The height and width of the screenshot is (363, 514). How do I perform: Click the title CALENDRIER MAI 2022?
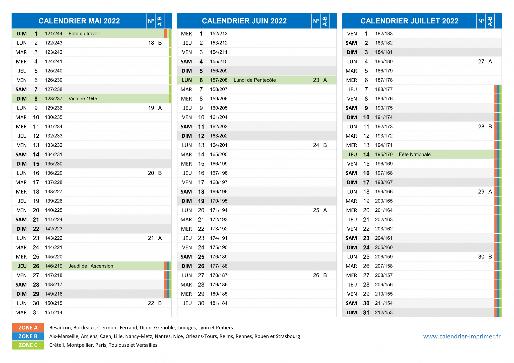[x=79, y=21]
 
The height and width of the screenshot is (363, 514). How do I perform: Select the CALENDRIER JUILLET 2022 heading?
[x=409, y=21]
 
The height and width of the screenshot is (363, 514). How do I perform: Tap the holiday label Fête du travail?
[x=84, y=34]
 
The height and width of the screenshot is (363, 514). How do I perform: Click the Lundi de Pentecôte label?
[x=255, y=80]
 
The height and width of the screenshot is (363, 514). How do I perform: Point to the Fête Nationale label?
[x=415, y=154]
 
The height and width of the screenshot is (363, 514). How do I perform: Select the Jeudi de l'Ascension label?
[x=91, y=266]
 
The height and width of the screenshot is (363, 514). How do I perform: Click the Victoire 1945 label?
[x=83, y=99]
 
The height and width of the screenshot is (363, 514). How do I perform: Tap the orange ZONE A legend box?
[x=28, y=328]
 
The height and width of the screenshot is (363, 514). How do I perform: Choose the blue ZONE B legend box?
[x=28, y=336]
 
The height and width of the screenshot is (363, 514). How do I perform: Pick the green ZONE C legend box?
[x=28, y=345]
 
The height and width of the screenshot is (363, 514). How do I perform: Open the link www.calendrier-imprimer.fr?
[x=462, y=336]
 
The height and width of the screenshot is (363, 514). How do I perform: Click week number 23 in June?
[x=316, y=80]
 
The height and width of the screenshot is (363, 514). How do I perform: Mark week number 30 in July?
[x=481, y=257]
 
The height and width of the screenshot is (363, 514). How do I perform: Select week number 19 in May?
[x=151, y=108]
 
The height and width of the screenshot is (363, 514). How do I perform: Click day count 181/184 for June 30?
[x=219, y=303]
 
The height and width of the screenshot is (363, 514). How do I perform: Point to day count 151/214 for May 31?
[x=53, y=313]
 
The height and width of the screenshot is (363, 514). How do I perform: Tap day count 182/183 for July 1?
[x=384, y=34]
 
